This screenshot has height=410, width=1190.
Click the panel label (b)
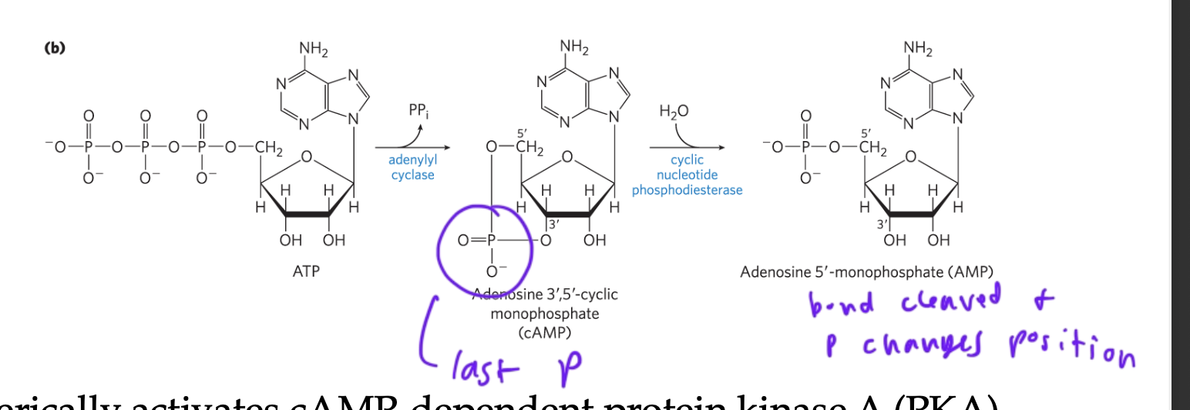[x=55, y=48]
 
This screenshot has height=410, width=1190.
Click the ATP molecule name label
[x=306, y=271]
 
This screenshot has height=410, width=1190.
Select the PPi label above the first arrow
[x=419, y=112]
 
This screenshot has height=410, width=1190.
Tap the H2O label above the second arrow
[x=674, y=112]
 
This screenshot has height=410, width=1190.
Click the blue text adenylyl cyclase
[x=412, y=168]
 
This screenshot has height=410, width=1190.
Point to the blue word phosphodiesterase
[x=687, y=190]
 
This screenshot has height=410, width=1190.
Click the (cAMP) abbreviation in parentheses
[x=545, y=331]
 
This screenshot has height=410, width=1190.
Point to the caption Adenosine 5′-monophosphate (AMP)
[x=866, y=271]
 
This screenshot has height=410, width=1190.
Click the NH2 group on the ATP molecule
[x=314, y=51]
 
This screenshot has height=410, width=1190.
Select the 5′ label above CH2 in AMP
[x=867, y=133]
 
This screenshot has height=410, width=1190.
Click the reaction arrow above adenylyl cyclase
[x=412, y=146]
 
